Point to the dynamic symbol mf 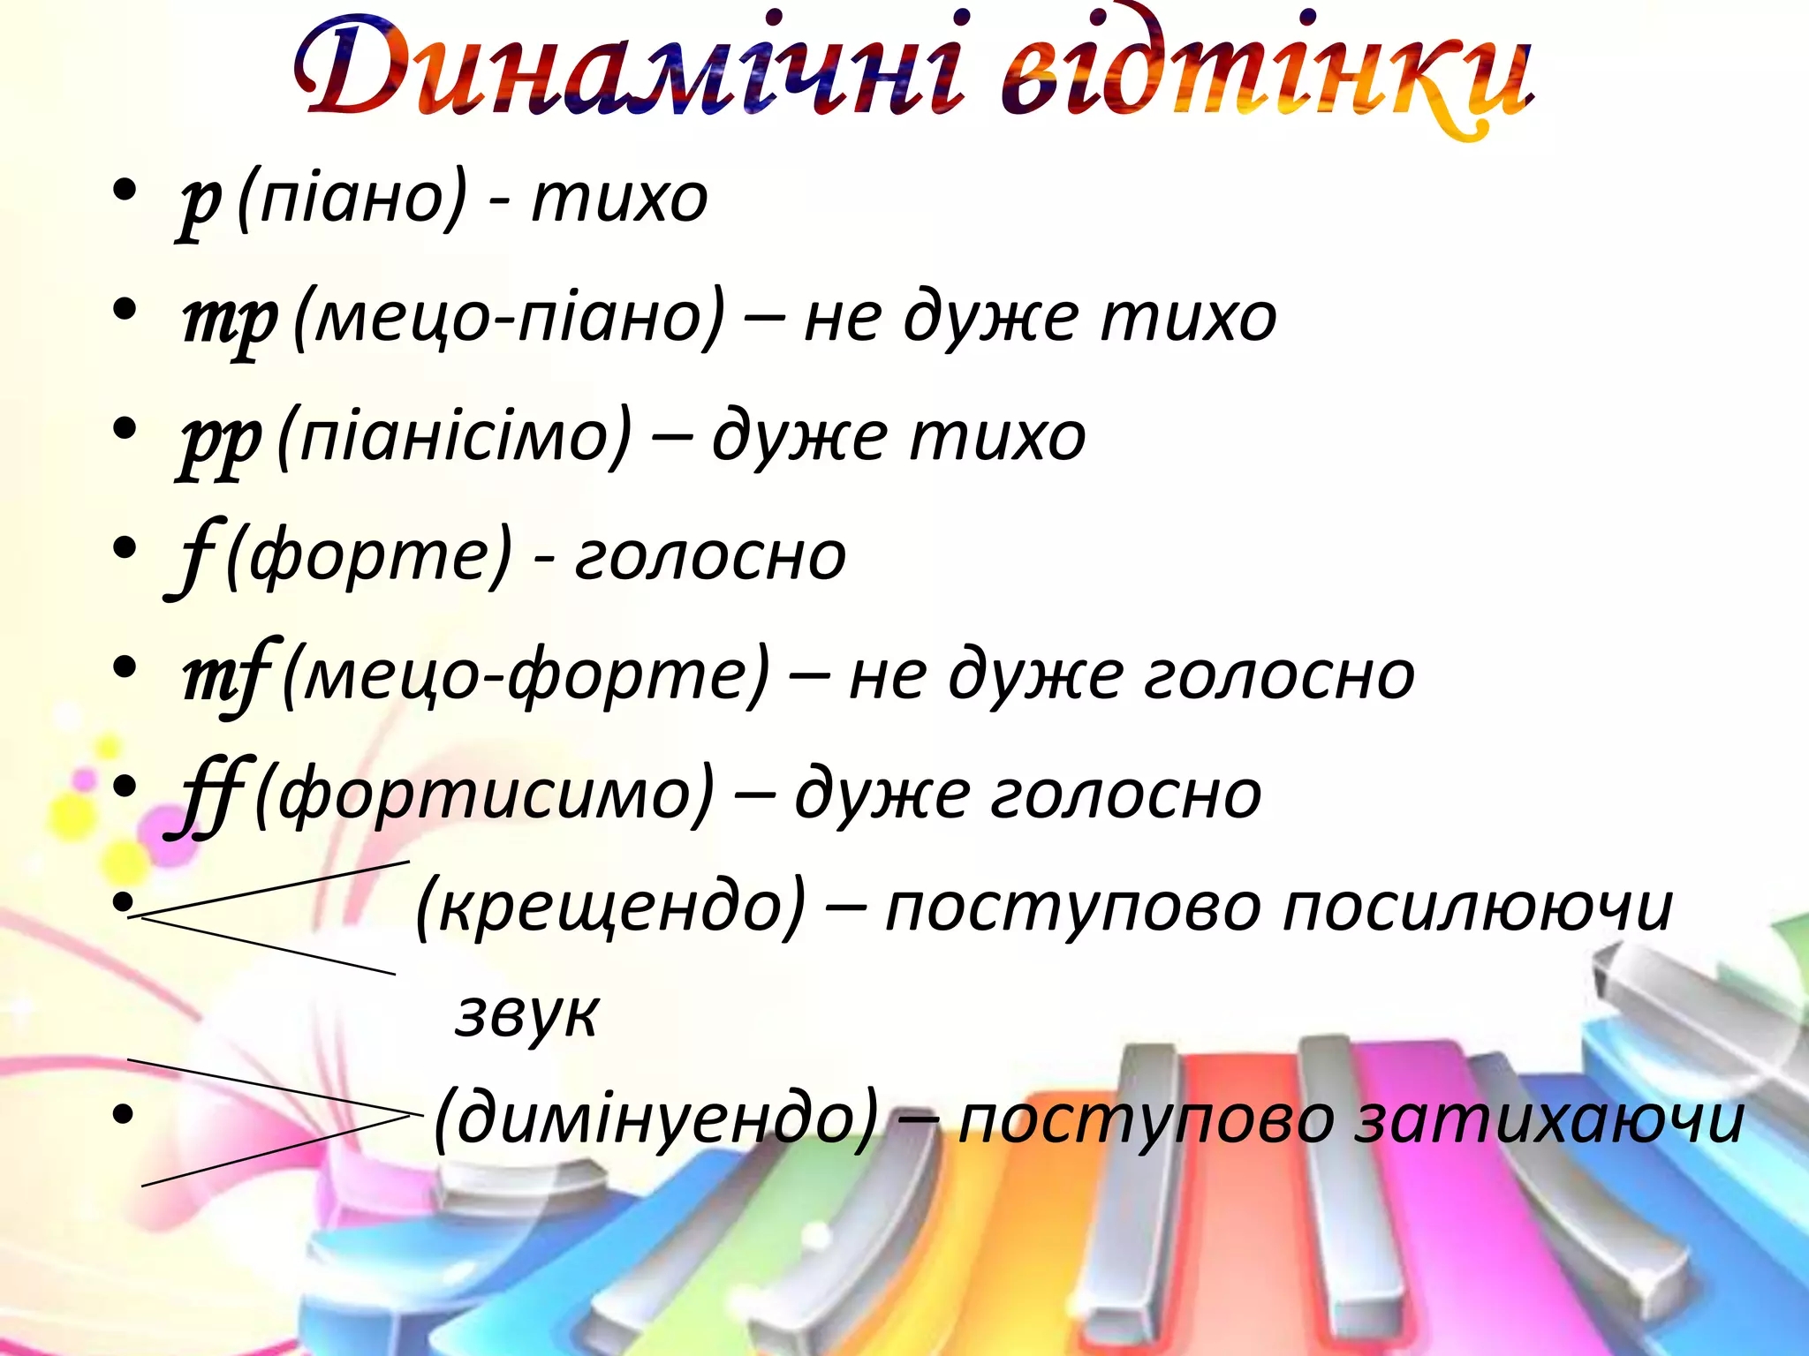[x=226, y=676]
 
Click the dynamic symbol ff [x=210, y=795]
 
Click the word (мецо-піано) [x=508, y=318]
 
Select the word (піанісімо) [x=455, y=438]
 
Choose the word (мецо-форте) [x=526, y=676]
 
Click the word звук [x=526, y=1015]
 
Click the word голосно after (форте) [x=710, y=556]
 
